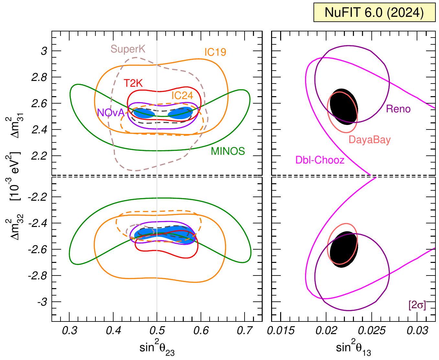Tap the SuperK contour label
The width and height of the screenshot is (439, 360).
pyautogui.click(x=128, y=49)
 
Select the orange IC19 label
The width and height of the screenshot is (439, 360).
pyautogui.click(x=215, y=52)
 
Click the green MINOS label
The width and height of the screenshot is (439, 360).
pyautogui.click(x=228, y=151)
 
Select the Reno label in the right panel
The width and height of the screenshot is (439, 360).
pyautogui.click(x=398, y=109)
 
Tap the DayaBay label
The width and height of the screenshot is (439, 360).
pyautogui.click(x=369, y=140)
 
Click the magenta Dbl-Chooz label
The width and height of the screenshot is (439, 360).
pyautogui.click(x=320, y=160)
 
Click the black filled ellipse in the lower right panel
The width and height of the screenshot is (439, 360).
pyautogui.click(x=344, y=249)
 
